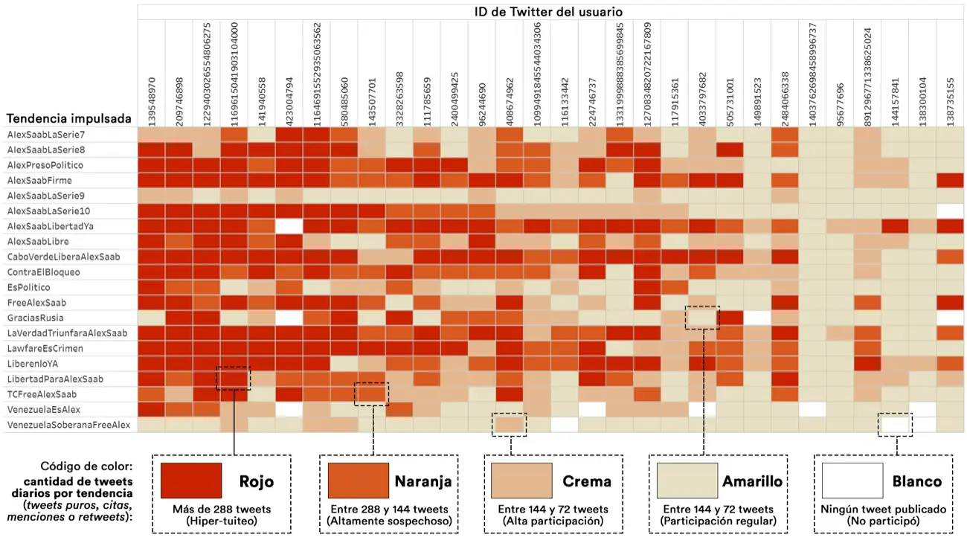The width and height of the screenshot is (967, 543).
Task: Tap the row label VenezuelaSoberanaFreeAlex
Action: [x=68, y=425]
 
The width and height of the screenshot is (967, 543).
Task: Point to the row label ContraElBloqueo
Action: [x=43, y=272]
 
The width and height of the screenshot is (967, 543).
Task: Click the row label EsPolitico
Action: [x=29, y=287]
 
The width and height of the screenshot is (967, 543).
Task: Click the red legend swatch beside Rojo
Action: [x=191, y=481]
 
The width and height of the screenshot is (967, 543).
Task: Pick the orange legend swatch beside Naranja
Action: [x=358, y=481]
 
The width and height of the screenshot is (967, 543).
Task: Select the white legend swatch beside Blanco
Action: [x=852, y=481]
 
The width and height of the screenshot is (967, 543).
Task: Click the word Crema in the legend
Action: [x=587, y=481]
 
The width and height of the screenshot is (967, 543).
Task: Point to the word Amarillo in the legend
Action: [x=752, y=481]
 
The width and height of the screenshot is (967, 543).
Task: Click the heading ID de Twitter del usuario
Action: [x=549, y=12]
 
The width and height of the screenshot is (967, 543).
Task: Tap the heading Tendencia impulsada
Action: [x=69, y=119]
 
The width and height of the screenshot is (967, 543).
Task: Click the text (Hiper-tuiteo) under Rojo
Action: [x=221, y=521]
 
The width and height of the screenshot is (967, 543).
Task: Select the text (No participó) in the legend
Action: [x=882, y=521]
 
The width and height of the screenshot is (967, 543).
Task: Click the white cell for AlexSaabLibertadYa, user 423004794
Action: [x=289, y=226]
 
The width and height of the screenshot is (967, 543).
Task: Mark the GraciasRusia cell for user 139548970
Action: [x=151, y=318]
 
